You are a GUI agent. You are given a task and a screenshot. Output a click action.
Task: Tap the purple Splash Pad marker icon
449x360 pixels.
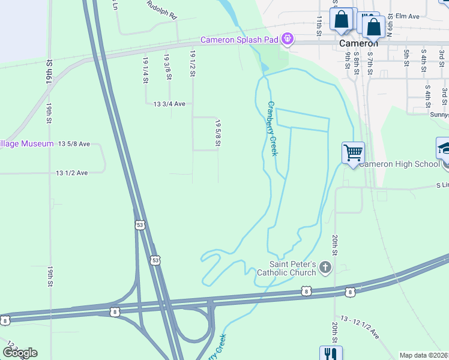pos(288,40)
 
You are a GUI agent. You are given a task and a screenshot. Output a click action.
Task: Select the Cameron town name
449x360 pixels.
pos(359,43)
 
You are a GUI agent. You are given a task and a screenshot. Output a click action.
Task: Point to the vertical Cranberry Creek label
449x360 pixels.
pos(272,128)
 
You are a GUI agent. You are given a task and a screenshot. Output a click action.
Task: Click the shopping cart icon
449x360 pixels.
pos(353,152)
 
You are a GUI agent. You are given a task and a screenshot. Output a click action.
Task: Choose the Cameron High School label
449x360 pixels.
pos(400,164)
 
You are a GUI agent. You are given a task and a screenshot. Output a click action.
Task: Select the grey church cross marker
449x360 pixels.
pos(325,267)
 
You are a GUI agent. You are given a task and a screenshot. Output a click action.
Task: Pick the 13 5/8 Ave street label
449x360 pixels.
pos(74,144)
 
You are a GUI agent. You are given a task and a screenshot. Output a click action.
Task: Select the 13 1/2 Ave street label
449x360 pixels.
pos(72,173)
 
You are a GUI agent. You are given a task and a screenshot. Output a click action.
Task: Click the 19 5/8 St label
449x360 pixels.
pos(218,132)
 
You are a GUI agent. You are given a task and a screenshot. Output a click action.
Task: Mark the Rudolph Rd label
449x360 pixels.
pos(162,8)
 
